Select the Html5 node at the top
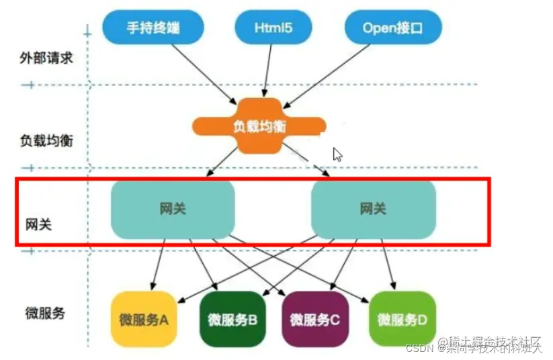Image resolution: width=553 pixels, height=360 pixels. pos(273,28)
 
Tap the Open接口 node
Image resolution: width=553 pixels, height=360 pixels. pos(392,28)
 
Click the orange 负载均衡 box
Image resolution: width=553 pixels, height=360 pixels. pos(258,126)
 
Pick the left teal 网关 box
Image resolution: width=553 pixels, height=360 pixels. pos(173,209)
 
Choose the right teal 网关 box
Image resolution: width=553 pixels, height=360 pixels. pos(373,209)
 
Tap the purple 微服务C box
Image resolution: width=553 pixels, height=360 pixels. pos(314,319)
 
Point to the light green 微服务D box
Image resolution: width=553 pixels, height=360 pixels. pos(402,319)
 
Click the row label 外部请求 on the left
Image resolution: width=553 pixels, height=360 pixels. pos(46,58)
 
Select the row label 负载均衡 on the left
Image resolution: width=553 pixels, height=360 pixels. pos(46,141)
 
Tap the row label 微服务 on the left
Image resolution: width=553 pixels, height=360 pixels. pos(45,312)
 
